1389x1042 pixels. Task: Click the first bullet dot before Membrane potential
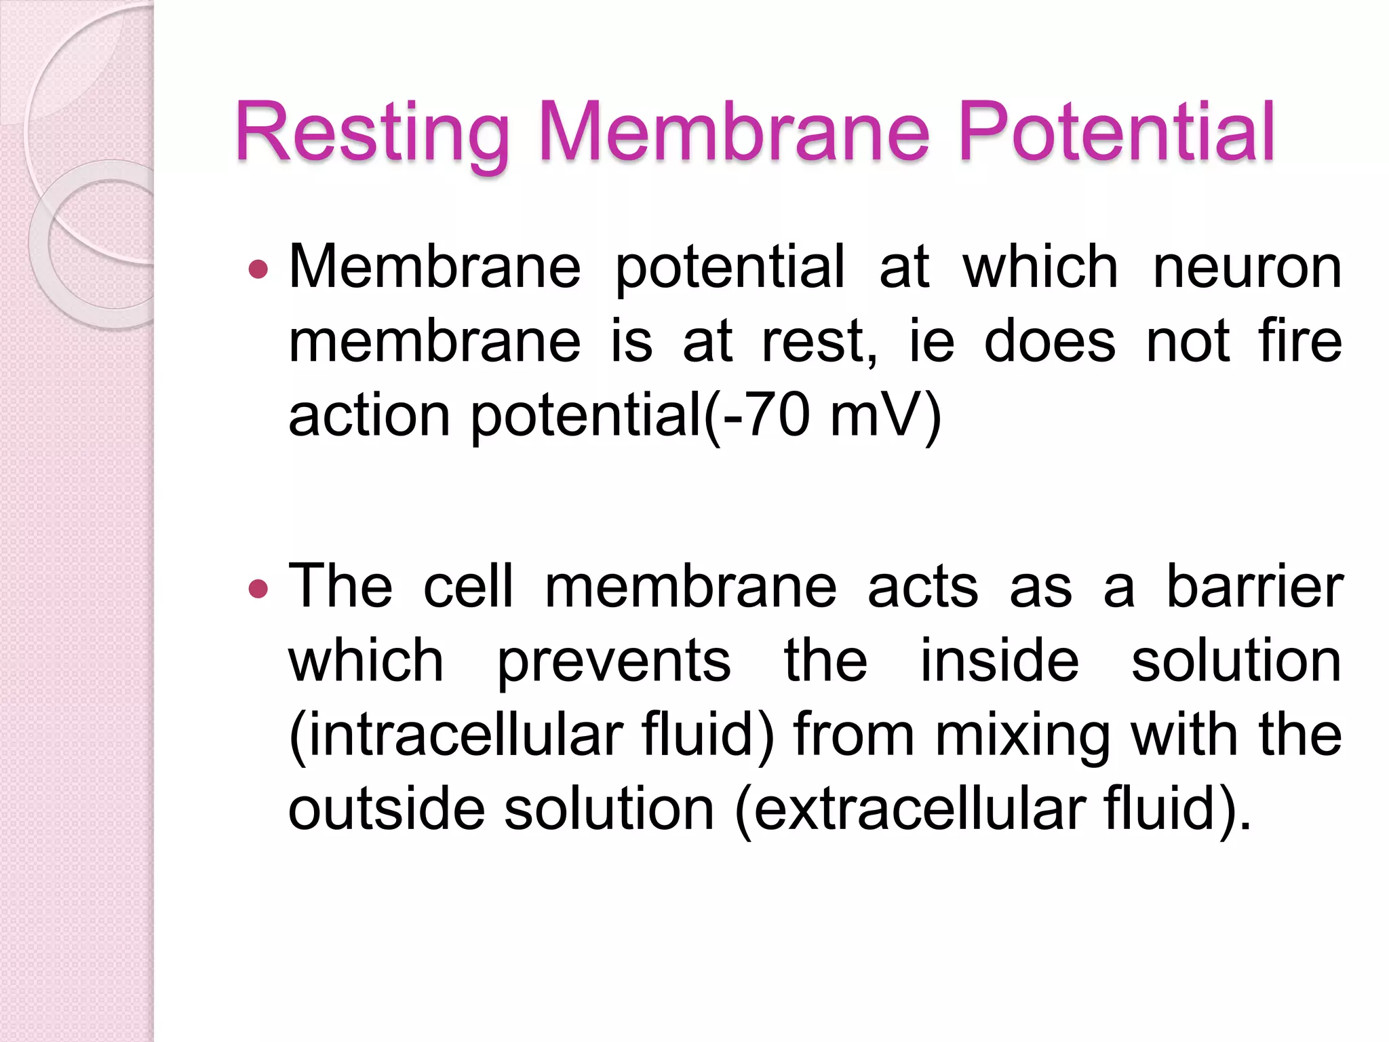pyautogui.click(x=258, y=270)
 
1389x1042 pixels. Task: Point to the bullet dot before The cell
pyautogui.click(x=258, y=588)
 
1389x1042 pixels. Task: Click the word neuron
pyautogui.click(x=1247, y=267)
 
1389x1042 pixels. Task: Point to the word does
pyautogui.click(x=1049, y=341)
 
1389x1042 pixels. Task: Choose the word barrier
pyautogui.click(x=1254, y=586)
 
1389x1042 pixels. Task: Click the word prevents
pyautogui.click(x=614, y=661)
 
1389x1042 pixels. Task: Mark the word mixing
pyautogui.click(x=1023, y=736)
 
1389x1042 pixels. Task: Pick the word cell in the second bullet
pyautogui.click(x=468, y=586)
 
